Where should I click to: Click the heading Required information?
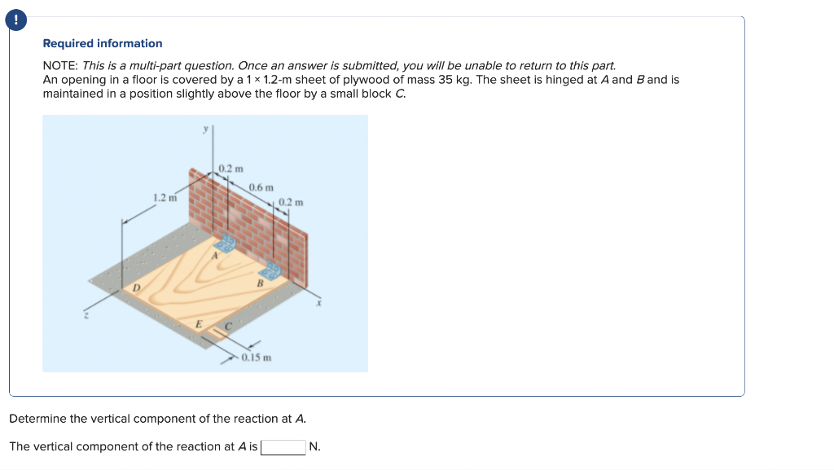(x=102, y=43)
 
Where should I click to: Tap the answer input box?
(x=283, y=447)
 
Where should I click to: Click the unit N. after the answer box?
(x=315, y=447)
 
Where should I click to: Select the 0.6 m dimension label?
(x=261, y=187)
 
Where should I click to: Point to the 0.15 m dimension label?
(x=257, y=358)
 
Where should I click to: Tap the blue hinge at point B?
(x=271, y=271)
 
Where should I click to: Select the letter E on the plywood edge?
(x=198, y=324)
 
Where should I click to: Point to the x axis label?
(x=320, y=303)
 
